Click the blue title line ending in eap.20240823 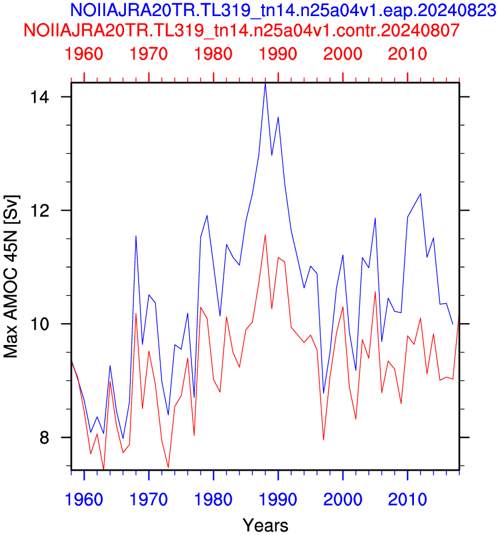283,10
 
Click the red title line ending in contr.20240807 241,30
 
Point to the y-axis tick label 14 40,97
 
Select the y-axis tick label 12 40,211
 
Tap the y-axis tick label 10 40,324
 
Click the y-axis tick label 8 44,437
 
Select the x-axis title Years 265,525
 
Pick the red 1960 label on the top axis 84,54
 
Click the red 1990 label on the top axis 278,54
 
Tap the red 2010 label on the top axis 408,54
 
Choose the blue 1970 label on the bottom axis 149,499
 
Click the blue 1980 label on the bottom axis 213,499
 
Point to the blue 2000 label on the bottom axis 343,499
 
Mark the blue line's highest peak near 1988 265,84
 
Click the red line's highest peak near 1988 265,235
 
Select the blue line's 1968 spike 136,236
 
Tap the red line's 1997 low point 323,440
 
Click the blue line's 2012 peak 420,194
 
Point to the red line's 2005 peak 375,292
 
